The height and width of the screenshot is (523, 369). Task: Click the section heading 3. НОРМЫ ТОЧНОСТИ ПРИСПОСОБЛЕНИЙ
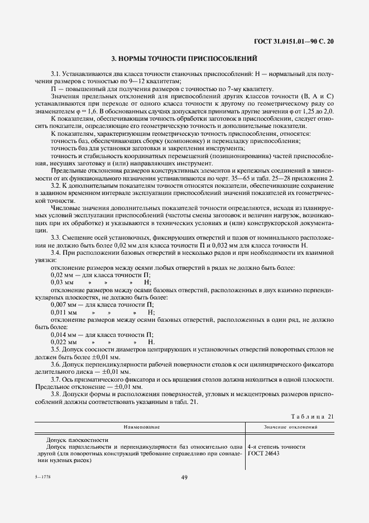click(184, 58)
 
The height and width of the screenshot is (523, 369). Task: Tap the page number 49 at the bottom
click(184, 477)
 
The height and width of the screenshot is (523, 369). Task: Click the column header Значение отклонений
click(290, 427)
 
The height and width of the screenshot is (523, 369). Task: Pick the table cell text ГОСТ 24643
click(265, 454)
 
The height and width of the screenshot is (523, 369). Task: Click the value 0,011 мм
click(62, 312)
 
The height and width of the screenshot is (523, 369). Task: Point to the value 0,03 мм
click(61, 283)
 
